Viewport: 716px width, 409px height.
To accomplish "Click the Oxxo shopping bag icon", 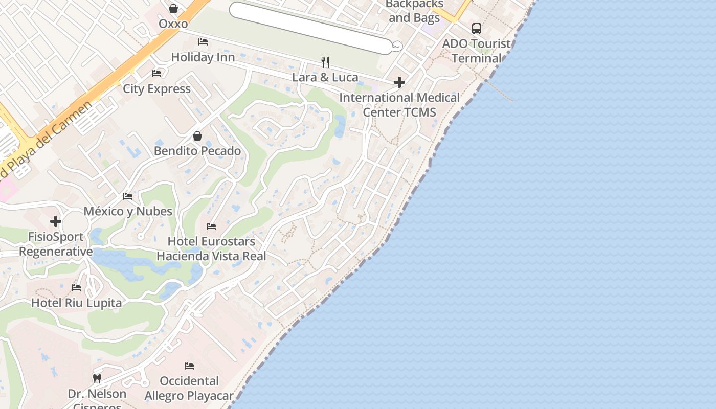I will [173, 9].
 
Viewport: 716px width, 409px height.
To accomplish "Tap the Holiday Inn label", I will [203, 57].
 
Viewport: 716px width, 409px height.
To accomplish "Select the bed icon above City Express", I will [156, 74].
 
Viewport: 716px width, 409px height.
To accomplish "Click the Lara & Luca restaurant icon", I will [325, 62].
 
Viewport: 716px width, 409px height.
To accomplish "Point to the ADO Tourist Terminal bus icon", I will [477, 29].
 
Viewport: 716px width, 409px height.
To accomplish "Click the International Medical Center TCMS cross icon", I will [399, 82].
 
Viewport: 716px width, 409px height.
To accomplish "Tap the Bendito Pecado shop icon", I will [197, 136].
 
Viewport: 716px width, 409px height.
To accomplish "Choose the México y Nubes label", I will [128, 211].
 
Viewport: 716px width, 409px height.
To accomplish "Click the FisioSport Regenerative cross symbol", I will [56, 221].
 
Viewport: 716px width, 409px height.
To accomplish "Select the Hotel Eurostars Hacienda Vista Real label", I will [211, 248].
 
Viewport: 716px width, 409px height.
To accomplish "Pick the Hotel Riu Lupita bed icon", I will [76, 288].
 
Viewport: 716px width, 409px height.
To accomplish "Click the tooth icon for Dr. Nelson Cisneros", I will [97, 379].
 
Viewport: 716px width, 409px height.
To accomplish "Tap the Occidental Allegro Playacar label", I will [189, 388].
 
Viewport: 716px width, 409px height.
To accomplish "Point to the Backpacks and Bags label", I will [414, 11].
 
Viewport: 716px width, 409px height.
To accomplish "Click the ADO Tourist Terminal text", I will [476, 51].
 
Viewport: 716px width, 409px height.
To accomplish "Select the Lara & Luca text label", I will [325, 78].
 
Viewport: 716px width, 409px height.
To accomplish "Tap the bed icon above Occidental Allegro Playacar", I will [189, 366].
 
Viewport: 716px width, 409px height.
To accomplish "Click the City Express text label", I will [156, 89].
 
